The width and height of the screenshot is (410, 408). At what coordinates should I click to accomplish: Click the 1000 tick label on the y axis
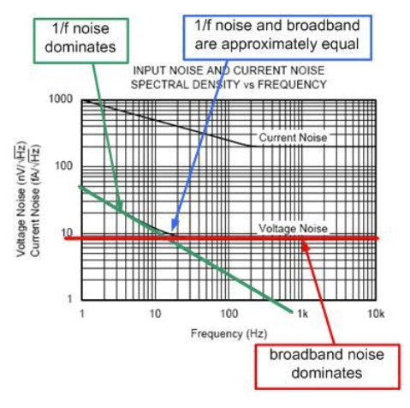(61, 99)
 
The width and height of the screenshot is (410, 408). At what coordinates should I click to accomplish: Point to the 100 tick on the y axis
(64, 165)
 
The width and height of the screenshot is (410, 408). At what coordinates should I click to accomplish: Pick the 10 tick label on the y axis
(68, 232)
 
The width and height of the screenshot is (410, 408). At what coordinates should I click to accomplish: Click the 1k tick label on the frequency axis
(302, 314)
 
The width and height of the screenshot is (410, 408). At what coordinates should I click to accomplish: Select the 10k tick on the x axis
(376, 314)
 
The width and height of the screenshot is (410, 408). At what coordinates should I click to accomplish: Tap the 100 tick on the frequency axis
(229, 314)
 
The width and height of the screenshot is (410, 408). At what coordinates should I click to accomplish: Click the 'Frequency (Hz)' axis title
(229, 333)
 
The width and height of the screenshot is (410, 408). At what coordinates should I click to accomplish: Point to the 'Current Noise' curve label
(293, 137)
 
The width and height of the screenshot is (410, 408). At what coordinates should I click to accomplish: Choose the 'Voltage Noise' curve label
(293, 228)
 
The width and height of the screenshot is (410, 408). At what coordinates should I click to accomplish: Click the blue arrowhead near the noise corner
(175, 225)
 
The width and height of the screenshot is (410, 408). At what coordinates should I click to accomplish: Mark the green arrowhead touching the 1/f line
(120, 205)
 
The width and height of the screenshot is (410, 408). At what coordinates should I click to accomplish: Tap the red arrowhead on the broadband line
(305, 246)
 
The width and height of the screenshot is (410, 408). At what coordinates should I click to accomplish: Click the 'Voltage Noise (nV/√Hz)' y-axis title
(21, 199)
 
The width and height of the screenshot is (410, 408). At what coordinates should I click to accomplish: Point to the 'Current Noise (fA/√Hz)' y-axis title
(35, 201)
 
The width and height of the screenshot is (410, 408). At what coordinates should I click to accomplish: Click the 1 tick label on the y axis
(69, 299)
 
